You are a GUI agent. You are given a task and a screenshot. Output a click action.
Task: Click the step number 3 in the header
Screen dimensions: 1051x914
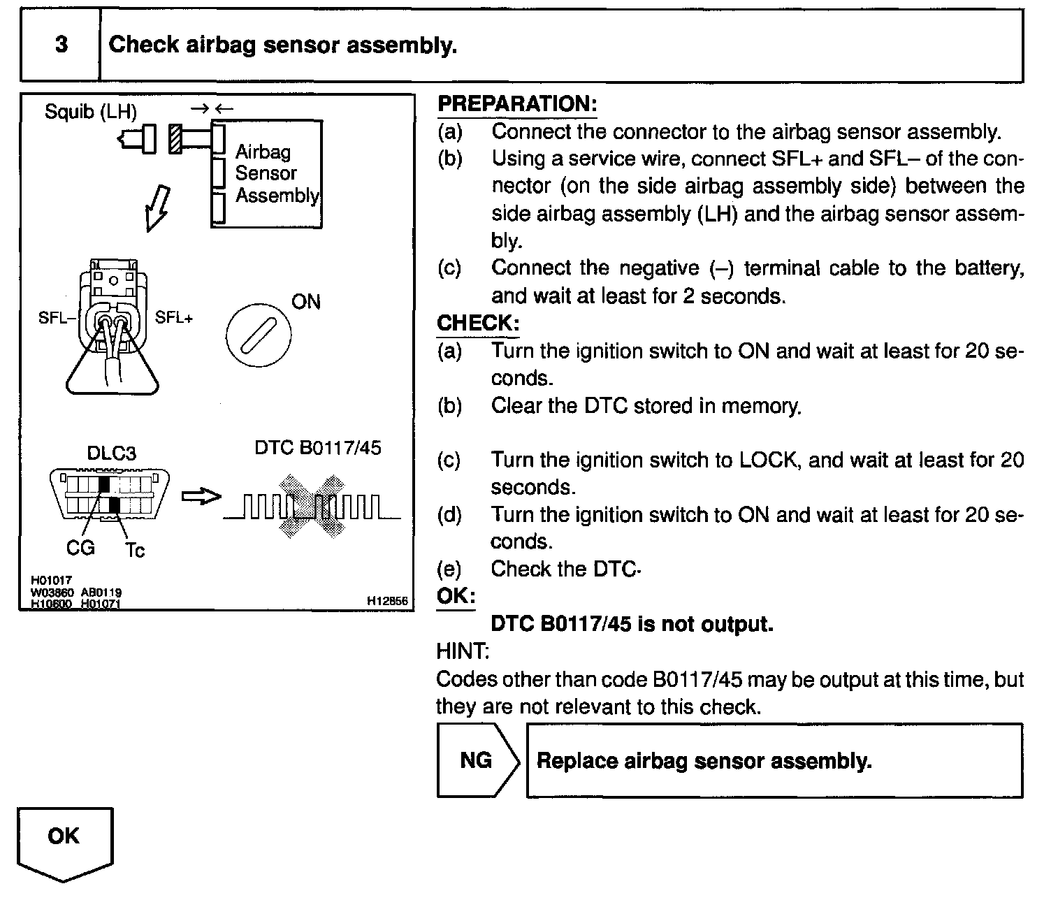point(61,44)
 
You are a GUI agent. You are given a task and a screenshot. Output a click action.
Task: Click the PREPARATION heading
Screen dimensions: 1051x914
point(517,103)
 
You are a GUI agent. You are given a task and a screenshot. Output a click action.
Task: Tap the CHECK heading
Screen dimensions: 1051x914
point(478,323)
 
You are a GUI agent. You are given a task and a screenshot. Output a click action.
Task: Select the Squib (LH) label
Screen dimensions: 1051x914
point(91,112)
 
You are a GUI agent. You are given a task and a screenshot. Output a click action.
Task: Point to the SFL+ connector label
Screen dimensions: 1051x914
point(173,317)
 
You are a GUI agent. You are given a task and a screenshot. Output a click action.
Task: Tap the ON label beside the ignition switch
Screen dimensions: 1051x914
point(305,301)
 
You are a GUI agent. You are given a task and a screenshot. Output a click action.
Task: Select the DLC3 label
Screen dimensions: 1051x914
point(112,453)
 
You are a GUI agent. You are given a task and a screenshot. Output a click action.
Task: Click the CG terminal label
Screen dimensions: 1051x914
point(80,548)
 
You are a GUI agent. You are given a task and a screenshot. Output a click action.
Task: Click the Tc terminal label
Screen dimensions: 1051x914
point(135,550)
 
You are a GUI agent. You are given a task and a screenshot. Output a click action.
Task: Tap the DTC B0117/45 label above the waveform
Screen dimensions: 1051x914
point(318,448)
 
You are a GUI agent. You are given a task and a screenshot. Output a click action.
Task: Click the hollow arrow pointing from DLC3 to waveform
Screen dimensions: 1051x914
point(201,496)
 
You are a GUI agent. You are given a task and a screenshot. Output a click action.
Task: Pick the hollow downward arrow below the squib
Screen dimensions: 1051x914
point(157,208)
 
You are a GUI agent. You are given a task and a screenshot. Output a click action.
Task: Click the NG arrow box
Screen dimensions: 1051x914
point(478,760)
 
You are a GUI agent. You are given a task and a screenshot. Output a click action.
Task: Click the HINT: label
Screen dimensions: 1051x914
point(463,651)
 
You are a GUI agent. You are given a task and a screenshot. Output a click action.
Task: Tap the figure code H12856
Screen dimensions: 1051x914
point(387,601)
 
